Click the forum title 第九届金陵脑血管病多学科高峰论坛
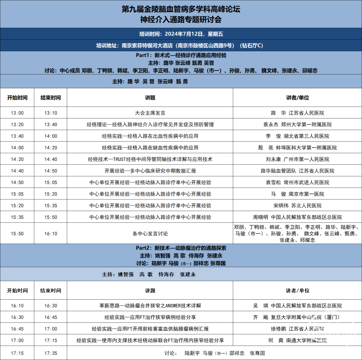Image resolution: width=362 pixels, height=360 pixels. [181, 9]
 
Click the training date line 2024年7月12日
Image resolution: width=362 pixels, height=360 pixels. [181, 34]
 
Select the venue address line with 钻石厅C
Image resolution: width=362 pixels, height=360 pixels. [181, 45]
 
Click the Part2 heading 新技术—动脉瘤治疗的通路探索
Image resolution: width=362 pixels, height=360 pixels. [181, 248]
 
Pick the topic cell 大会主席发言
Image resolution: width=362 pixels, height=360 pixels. [150, 113]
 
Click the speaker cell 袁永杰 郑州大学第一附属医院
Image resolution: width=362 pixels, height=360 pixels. [297, 124]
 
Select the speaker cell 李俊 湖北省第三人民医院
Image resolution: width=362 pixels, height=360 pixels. [297, 136]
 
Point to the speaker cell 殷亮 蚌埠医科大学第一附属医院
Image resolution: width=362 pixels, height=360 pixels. [297, 148]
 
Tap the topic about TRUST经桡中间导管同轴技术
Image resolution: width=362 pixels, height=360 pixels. [150, 159]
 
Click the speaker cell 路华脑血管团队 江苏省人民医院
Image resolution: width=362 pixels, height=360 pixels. [297, 171]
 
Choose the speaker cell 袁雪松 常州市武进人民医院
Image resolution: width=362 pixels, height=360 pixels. [297, 183]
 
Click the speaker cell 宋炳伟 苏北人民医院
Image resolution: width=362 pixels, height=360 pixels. [297, 205]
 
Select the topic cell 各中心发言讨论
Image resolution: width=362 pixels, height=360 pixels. [150, 234]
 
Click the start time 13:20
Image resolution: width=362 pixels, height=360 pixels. [17, 124]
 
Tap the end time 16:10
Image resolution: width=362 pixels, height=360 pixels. [51, 234]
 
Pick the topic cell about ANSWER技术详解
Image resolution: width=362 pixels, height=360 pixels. [150, 306]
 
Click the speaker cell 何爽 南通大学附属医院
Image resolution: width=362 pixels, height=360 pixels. [297, 340]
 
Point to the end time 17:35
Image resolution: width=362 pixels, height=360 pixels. [51, 353]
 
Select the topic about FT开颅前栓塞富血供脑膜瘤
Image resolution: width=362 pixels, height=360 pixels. [150, 329]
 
